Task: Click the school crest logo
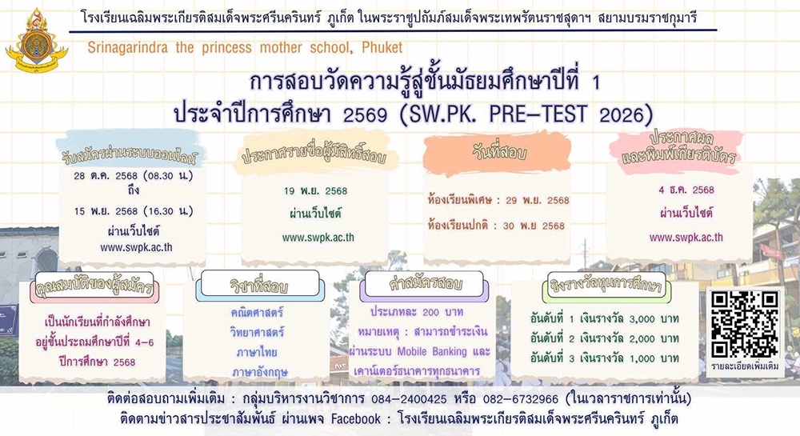(37, 42)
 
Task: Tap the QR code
(745, 324)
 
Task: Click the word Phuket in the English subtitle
(382, 47)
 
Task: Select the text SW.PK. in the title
(442, 114)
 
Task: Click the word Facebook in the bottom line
(356, 419)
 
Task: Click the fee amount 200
(430, 312)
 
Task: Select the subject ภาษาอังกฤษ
(260, 372)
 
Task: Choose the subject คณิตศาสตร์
(257, 312)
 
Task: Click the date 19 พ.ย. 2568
(316, 191)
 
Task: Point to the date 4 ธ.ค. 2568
(686, 190)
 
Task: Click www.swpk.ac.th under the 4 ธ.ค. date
(686, 237)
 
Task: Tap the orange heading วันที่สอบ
(499, 152)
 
